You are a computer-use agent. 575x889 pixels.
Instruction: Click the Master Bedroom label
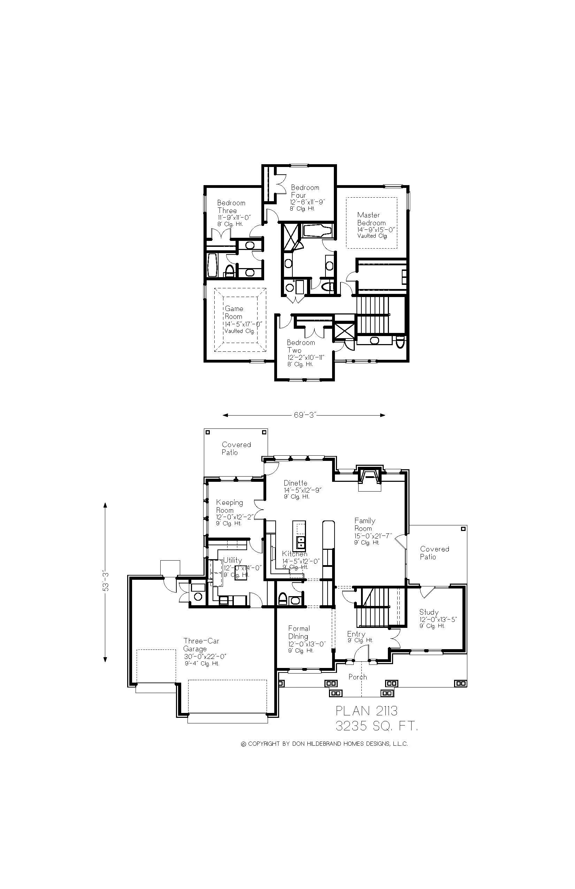pyautogui.click(x=371, y=219)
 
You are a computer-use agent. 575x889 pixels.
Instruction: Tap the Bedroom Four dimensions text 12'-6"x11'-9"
pyautogui.click(x=307, y=202)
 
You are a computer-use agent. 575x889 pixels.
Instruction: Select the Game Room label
pyautogui.click(x=234, y=312)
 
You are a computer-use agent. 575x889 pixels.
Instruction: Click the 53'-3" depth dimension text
pyautogui.click(x=106, y=582)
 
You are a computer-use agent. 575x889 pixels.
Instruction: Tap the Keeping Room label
pyautogui.click(x=229, y=506)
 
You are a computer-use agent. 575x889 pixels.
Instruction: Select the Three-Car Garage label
pyautogui.click(x=201, y=645)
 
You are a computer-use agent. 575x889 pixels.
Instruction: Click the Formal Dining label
pyautogui.click(x=299, y=632)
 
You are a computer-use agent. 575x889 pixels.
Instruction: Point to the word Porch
pyautogui.click(x=357, y=677)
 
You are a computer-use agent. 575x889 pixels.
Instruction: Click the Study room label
pyautogui.click(x=429, y=612)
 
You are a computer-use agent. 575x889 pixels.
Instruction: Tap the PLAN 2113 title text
pyautogui.click(x=367, y=711)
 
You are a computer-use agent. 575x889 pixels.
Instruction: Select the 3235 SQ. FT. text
pyautogui.click(x=376, y=726)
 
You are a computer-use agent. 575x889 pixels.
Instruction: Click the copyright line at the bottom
pyautogui.click(x=324, y=744)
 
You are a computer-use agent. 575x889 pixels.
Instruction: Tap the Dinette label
pyautogui.click(x=296, y=483)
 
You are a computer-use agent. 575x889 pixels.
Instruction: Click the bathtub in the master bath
pyautogui.click(x=317, y=230)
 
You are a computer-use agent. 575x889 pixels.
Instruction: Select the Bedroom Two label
pyautogui.click(x=300, y=346)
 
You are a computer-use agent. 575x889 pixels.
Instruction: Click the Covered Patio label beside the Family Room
pyautogui.click(x=434, y=553)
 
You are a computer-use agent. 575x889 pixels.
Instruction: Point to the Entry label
pyautogui.click(x=356, y=634)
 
